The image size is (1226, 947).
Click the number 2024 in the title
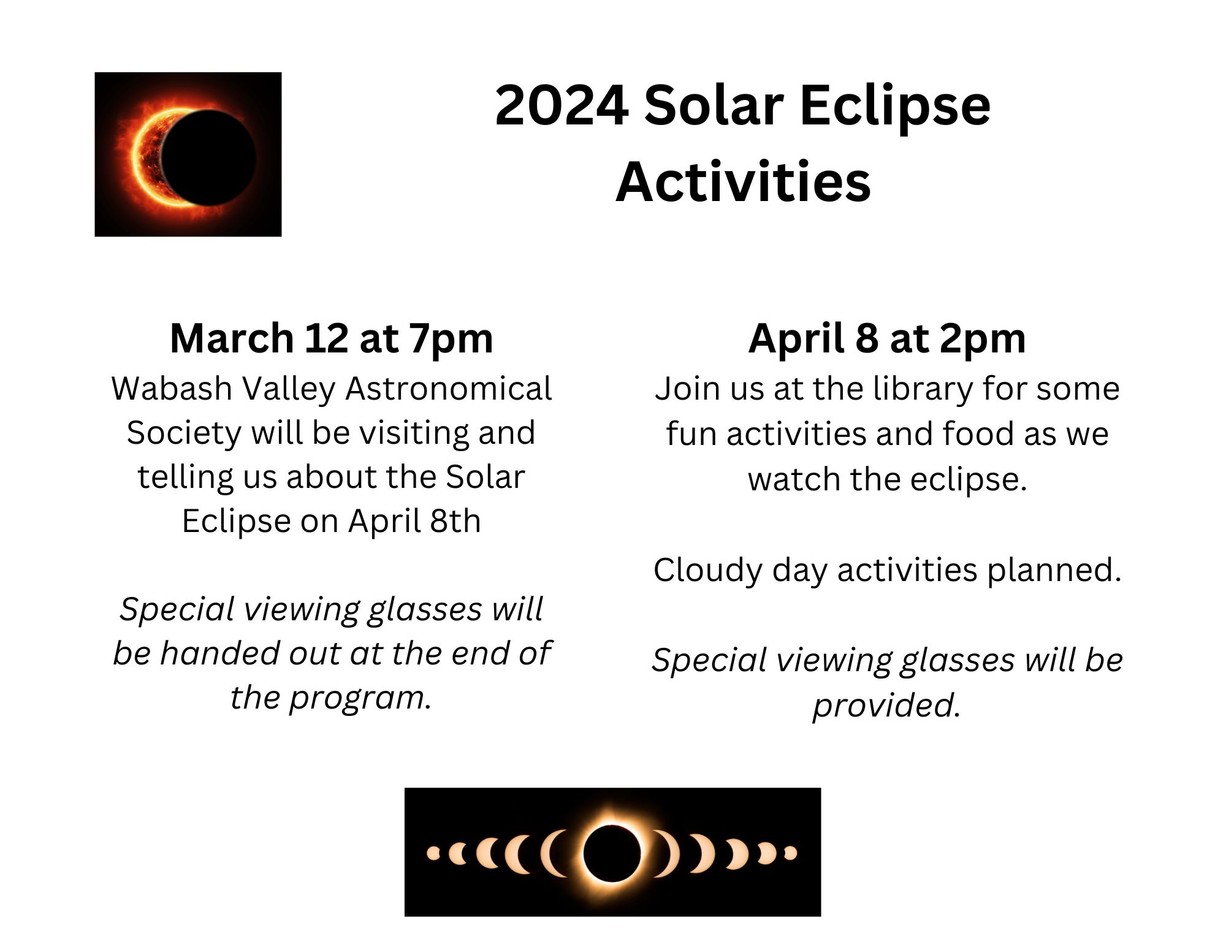562,105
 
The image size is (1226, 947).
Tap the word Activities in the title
743,181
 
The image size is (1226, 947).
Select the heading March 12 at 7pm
332,339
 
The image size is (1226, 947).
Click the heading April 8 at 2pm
887,339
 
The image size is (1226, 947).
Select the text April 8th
414,521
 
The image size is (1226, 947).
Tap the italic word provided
886,705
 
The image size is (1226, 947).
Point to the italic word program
361,698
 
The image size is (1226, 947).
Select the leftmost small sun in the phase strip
433,853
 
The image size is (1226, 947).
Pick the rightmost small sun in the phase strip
791,853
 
